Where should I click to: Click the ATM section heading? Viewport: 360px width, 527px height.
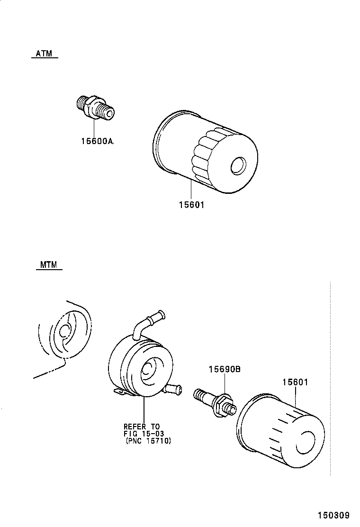44,54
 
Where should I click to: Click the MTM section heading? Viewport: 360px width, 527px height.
48,265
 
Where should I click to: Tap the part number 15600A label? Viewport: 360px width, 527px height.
96,141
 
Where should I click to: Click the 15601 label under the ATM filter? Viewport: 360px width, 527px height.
191,205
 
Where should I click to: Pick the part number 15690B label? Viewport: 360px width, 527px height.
223,370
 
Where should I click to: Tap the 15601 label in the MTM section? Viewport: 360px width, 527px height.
295,382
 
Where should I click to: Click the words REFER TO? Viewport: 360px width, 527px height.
142,426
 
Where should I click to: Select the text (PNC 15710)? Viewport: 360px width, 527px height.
148,441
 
